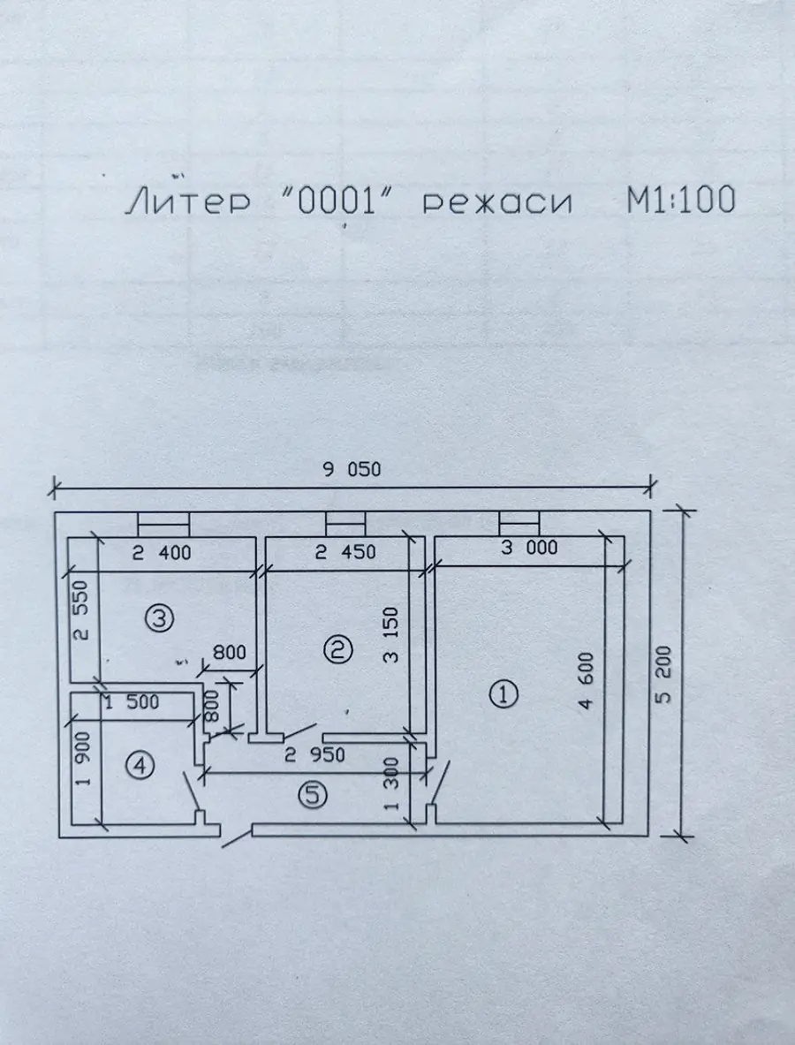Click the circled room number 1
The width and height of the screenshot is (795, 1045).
[503, 694]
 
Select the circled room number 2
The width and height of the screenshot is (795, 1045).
[337, 648]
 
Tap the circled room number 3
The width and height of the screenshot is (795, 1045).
[159, 618]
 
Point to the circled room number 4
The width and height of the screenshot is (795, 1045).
[140, 765]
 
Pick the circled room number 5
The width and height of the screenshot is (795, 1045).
[313, 794]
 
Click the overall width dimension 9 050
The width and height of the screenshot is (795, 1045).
[352, 469]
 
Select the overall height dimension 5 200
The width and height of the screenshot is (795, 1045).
[663, 674]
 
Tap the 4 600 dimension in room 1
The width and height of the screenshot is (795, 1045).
[586, 680]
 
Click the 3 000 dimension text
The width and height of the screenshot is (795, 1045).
[529, 547]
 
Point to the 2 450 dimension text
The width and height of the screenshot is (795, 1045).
[345, 552]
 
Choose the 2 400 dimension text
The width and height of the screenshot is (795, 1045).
[162, 552]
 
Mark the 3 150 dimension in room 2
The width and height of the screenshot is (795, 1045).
[391, 634]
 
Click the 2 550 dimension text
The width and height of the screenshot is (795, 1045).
[80, 610]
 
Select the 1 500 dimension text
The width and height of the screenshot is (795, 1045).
[132, 701]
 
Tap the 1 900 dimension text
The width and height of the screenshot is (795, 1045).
[83, 759]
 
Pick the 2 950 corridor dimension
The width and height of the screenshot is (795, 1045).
[314, 754]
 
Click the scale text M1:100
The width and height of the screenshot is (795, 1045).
[680, 200]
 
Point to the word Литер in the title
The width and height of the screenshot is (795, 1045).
[188, 201]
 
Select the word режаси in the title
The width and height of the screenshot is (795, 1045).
[497, 202]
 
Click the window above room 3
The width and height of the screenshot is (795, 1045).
[163, 524]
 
